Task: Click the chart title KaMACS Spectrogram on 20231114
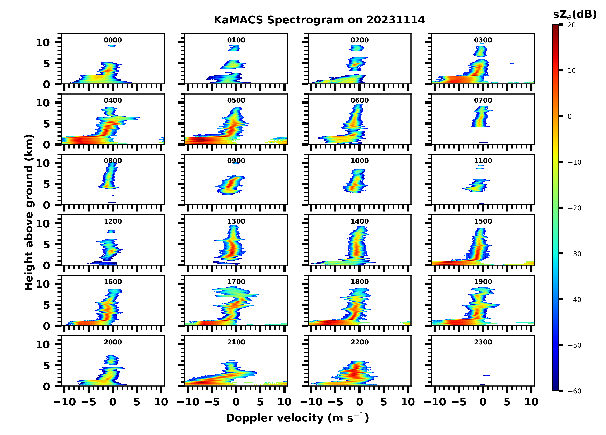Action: (x=319, y=20)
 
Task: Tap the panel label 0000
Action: (x=113, y=40)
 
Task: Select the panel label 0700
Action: (x=483, y=101)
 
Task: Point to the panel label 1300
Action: (x=236, y=221)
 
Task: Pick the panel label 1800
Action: (x=359, y=282)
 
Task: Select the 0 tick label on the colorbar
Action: (x=569, y=117)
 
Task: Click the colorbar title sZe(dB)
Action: (x=575, y=14)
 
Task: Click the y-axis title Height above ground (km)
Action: (x=29, y=212)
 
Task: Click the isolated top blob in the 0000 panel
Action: (x=112, y=46)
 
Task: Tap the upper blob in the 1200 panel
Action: (x=111, y=231)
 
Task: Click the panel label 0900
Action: (x=236, y=161)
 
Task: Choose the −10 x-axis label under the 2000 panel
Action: (x=65, y=402)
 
